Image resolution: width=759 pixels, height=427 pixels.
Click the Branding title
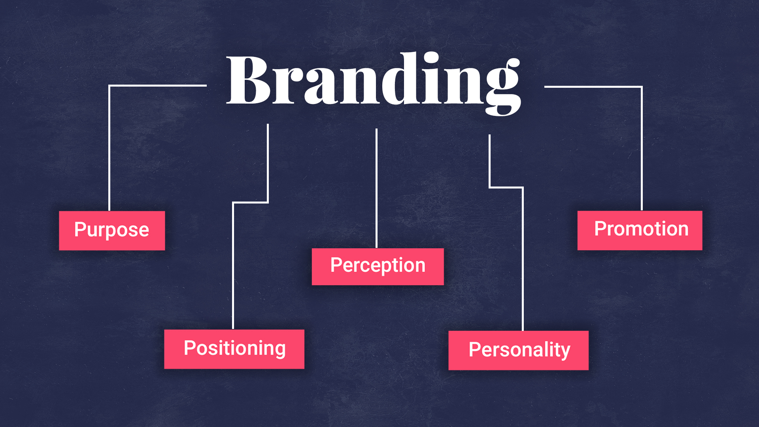(374, 81)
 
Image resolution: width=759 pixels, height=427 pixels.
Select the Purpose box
(112, 231)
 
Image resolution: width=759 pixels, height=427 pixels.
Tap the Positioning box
(234, 349)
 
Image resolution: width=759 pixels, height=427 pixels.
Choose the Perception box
(378, 266)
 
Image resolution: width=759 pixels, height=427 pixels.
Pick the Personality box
(518, 350)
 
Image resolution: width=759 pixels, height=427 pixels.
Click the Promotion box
(640, 230)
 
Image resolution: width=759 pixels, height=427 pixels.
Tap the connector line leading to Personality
(523, 257)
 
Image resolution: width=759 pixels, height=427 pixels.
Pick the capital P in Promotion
(600, 229)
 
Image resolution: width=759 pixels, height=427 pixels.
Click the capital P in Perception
(336, 265)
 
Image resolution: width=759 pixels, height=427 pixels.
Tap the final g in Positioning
(279, 350)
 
